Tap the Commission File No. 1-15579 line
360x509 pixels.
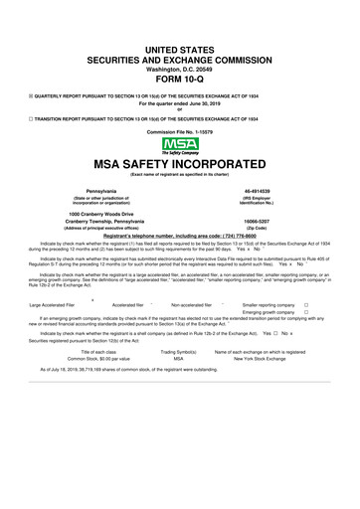(x=180, y=131)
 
